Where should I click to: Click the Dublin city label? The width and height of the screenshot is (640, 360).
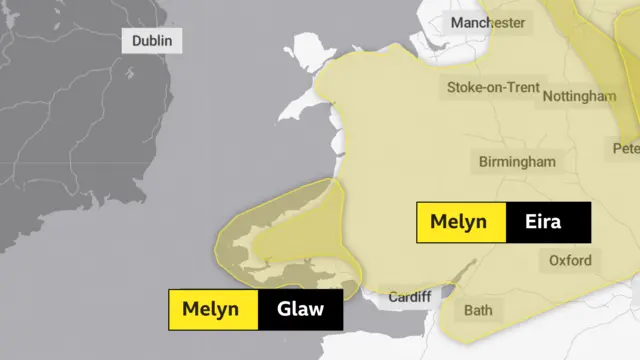click(152, 41)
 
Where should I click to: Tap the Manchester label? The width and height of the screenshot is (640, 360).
click(487, 22)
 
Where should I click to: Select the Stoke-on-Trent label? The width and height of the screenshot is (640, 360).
click(492, 87)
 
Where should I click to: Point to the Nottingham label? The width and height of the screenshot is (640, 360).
click(579, 96)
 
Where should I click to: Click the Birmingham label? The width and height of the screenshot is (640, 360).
click(517, 161)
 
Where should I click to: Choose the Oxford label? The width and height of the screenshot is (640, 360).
click(570, 261)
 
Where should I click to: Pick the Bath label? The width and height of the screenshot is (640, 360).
click(478, 310)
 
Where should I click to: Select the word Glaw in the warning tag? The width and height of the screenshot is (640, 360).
click(301, 309)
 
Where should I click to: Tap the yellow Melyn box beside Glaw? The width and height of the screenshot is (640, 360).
click(212, 309)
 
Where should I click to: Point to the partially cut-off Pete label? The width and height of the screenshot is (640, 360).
click(626, 148)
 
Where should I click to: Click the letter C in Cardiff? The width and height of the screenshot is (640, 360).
click(391, 297)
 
